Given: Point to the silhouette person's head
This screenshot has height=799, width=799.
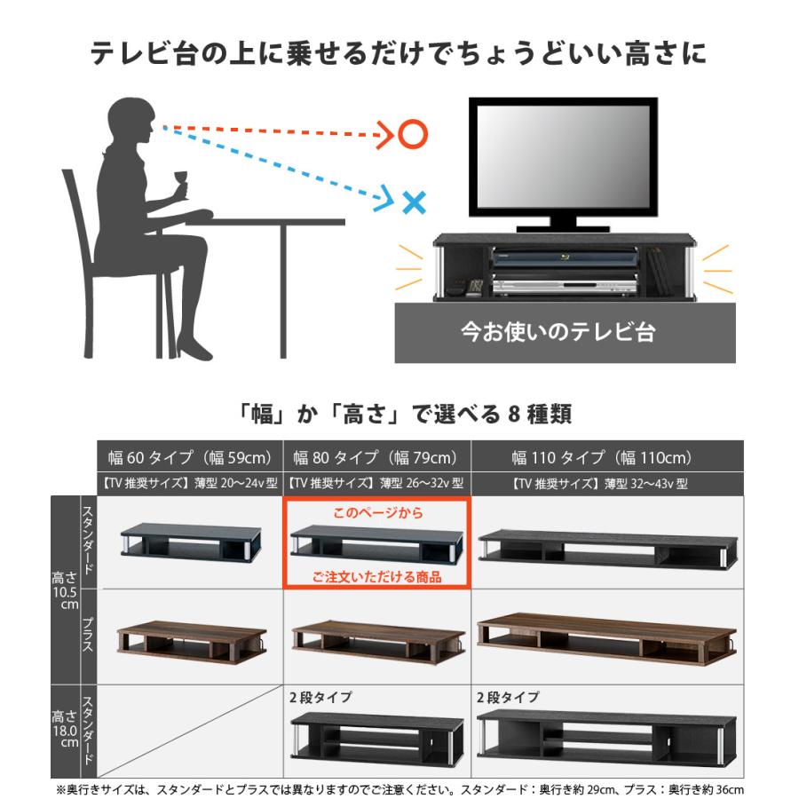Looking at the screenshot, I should (x=131, y=120).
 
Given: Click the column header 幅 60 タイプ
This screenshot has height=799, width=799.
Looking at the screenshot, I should (x=189, y=458).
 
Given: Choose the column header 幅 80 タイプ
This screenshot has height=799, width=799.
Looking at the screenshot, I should (x=375, y=458).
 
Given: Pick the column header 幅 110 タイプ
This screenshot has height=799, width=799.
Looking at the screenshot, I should (x=601, y=458).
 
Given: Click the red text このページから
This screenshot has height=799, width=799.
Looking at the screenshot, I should (x=377, y=512).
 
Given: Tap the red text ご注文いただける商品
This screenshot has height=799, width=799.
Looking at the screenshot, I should (x=377, y=577).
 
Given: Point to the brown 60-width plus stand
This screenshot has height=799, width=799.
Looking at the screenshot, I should (x=189, y=641).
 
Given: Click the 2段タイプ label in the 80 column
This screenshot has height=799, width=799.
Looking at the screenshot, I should (x=320, y=697).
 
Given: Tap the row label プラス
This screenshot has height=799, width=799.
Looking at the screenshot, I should (x=88, y=634).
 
